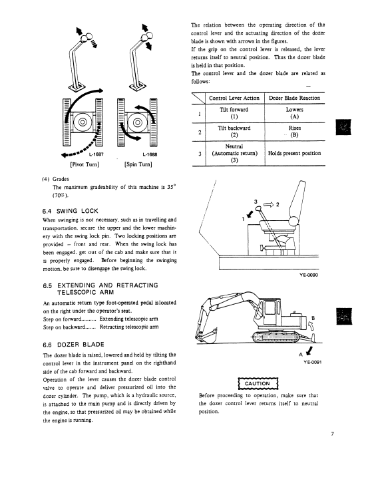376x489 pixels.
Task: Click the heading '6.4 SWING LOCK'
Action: click(70, 211)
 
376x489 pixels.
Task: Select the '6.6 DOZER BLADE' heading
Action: click(73, 345)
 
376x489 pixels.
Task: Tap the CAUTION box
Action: click(258, 384)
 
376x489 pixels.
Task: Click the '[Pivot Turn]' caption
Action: click(85, 164)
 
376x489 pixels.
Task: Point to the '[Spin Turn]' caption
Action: click(138, 164)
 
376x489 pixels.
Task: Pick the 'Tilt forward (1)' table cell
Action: click(234, 113)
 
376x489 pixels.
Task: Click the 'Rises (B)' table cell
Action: click(295, 131)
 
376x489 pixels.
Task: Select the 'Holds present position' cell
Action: click(295, 153)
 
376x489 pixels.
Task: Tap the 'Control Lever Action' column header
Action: click(234, 98)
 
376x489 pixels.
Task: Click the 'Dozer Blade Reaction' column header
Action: click(295, 98)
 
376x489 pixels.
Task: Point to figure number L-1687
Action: click(96, 154)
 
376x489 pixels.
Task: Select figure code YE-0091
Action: click(313, 362)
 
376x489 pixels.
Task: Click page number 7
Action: click(332, 434)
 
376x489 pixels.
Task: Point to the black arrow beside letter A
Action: click(309, 351)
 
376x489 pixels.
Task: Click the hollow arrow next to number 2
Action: click(268, 205)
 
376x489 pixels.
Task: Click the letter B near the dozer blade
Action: click(313, 318)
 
